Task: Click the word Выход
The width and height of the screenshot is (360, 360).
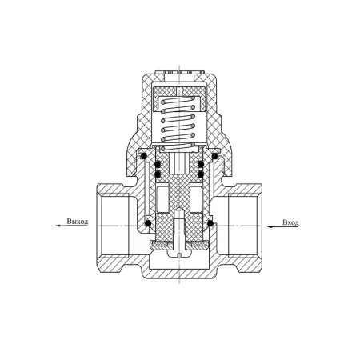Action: click(x=77, y=222)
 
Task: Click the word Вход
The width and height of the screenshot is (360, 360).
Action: click(x=290, y=222)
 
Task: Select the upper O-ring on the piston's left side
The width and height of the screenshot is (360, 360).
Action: click(x=158, y=164)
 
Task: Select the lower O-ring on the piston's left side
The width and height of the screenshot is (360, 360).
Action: click(x=158, y=174)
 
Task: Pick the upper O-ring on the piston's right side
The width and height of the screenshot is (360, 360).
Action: click(x=201, y=164)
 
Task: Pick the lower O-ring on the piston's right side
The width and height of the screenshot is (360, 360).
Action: click(x=201, y=174)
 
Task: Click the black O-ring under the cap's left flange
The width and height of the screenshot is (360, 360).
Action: click(x=144, y=156)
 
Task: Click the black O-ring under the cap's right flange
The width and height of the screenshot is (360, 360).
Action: click(x=214, y=156)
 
